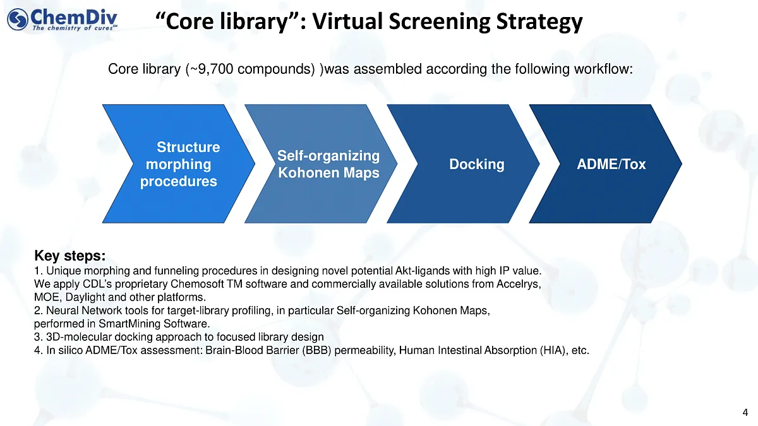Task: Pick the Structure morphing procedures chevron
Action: pyautogui.click(x=180, y=164)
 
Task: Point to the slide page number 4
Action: pyautogui.click(x=746, y=413)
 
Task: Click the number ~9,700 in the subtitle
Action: pyautogui.click(x=207, y=69)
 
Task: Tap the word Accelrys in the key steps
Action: pyautogui.click(x=521, y=284)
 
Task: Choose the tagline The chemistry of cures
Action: pyautogui.click(x=74, y=28)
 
